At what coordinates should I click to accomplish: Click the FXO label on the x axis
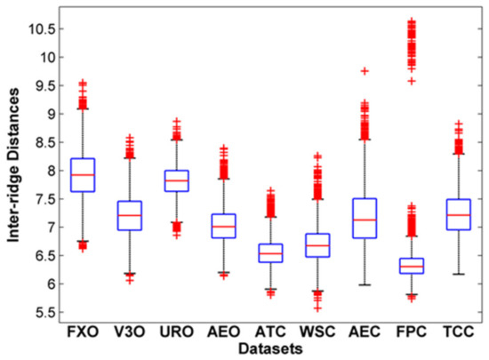pos(83,333)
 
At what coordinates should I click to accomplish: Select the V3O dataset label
pos(130,333)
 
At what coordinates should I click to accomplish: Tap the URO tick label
pos(177,333)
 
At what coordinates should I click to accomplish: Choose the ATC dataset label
pos(270,333)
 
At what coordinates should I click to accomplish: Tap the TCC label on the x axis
pos(458,333)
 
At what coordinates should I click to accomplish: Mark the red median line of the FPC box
pos(412,267)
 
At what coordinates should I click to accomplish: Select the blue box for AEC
pos(365,218)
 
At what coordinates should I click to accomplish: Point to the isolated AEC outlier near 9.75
pos(365,70)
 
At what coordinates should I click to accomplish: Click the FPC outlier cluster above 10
pos(412,40)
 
